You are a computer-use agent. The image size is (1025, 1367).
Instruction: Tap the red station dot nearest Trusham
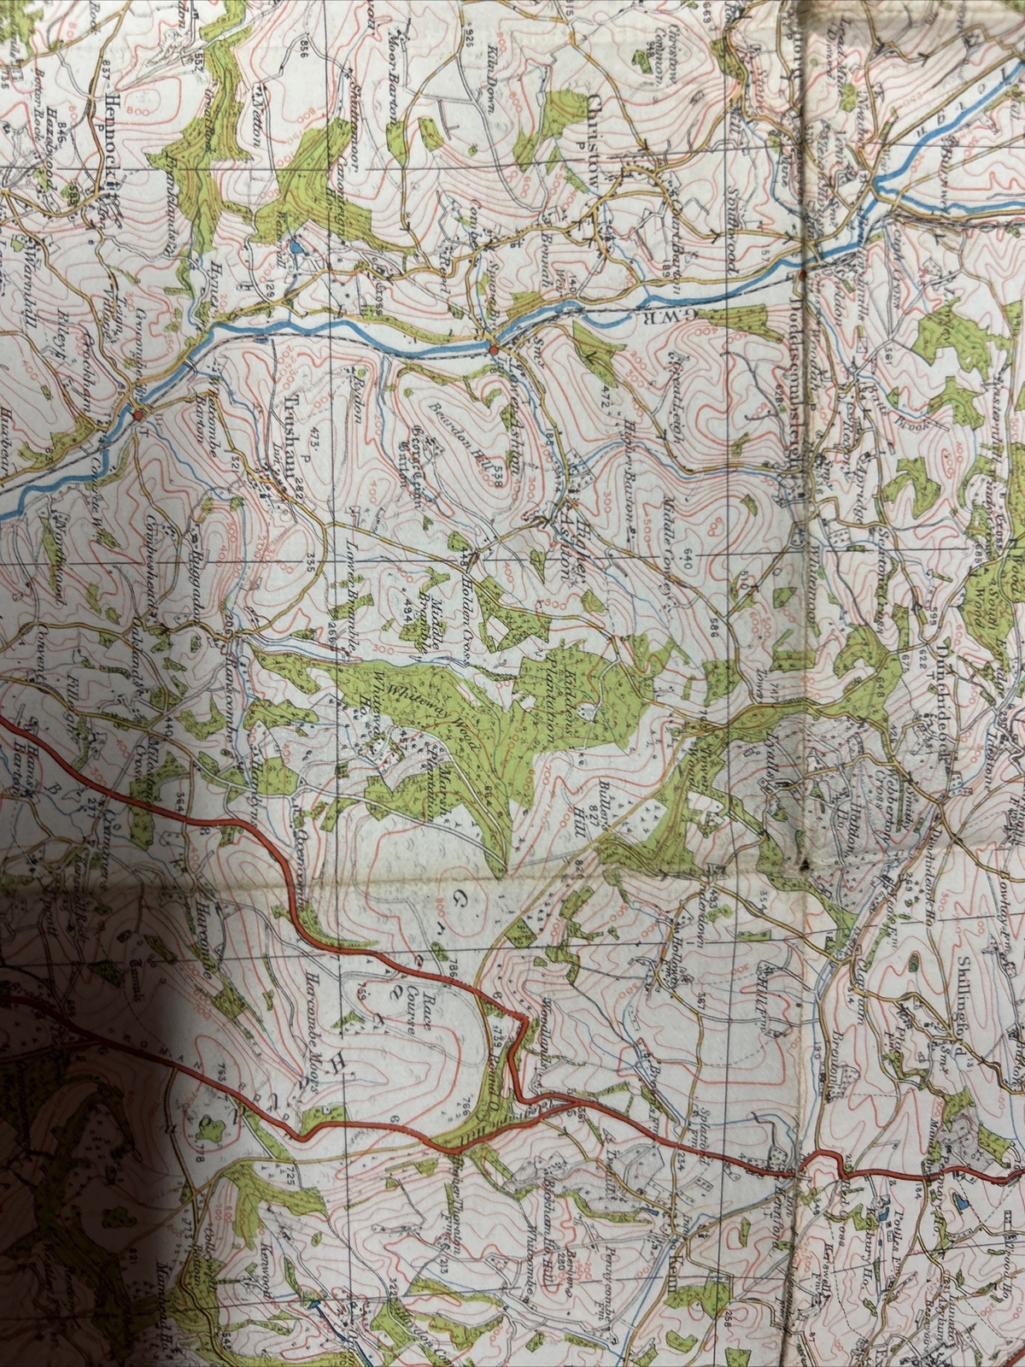point(138,414)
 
